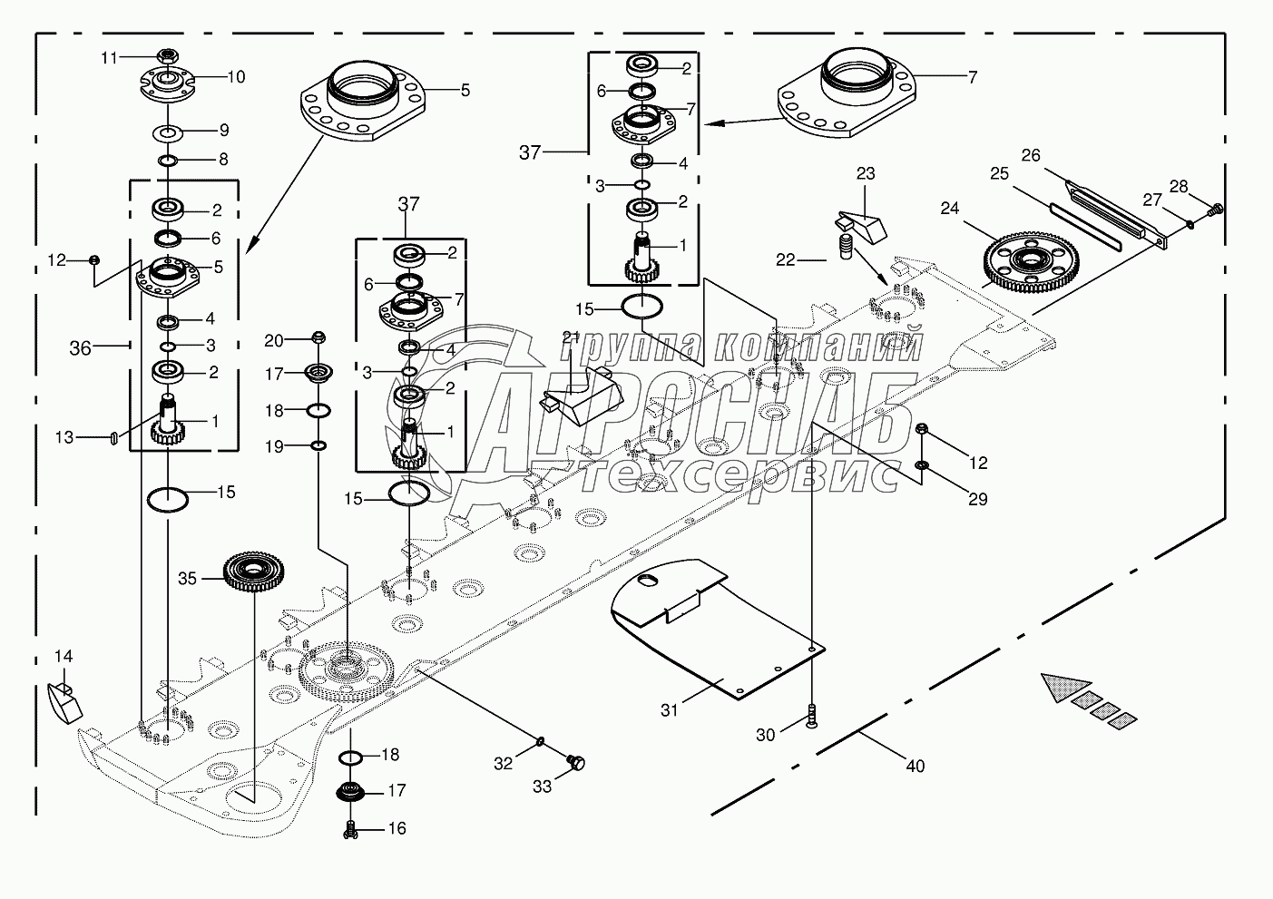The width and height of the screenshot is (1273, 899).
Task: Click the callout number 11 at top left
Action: pyautogui.click(x=110, y=57)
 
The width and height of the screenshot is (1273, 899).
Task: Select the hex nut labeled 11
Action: pyautogui.click(x=165, y=54)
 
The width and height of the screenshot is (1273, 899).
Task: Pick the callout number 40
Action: pyautogui.click(x=916, y=766)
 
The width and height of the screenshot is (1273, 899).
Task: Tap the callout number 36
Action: pyautogui.click(x=81, y=347)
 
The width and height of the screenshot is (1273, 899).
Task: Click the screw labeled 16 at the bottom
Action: pyautogui.click(x=349, y=828)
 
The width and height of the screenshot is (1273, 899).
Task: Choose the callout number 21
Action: pyautogui.click(x=571, y=337)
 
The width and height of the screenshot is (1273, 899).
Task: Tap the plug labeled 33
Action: pyautogui.click(x=574, y=763)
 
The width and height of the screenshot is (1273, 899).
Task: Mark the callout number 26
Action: pyautogui.click(x=1031, y=155)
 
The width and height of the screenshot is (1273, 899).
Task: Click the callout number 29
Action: pyautogui.click(x=977, y=499)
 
